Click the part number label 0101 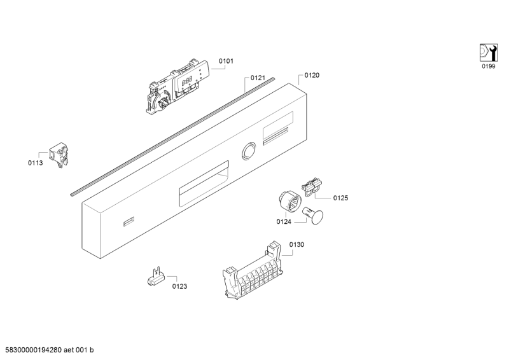pyautogui.click(x=226, y=61)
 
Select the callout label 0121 pyautogui.click(x=258, y=78)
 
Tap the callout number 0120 pyautogui.click(x=312, y=75)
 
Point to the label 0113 pyautogui.click(x=36, y=163)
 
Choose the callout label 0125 pyautogui.click(x=340, y=198)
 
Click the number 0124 pyautogui.click(x=284, y=222)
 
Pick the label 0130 pyautogui.click(x=296, y=245)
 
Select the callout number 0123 pyautogui.click(x=179, y=286)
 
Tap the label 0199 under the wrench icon pyautogui.click(x=489, y=67)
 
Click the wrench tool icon pyautogui.click(x=489, y=52)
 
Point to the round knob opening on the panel pyautogui.click(x=248, y=151)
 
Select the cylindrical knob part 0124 pyautogui.click(x=288, y=202)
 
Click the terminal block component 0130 pyautogui.click(x=252, y=270)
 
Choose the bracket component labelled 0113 pyautogui.click(x=59, y=155)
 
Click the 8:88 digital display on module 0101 pyautogui.click(x=186, y=80)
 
